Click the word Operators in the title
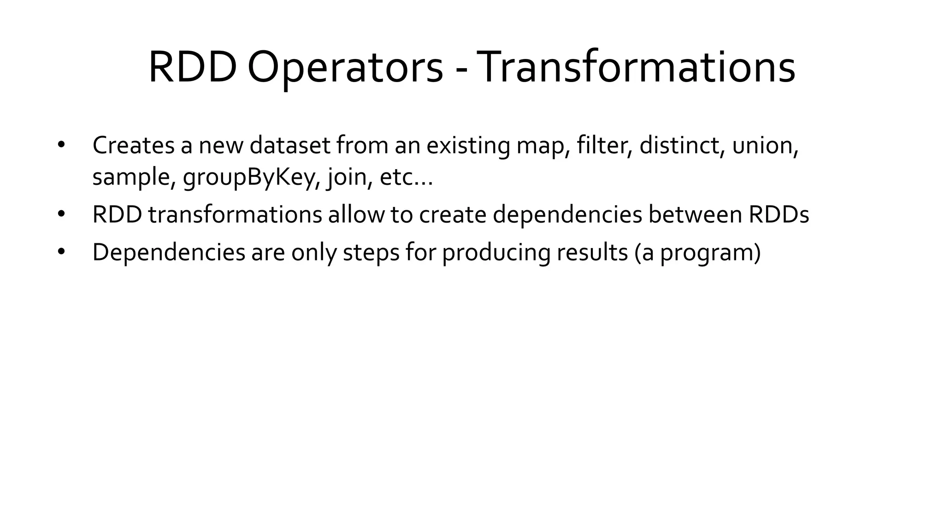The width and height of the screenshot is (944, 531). pos(345,68)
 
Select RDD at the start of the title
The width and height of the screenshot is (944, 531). pos(192,68)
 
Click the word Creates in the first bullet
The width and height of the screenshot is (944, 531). pos(133,145)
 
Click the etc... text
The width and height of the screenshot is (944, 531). pos(406,177)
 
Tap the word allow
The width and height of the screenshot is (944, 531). pos(356,215)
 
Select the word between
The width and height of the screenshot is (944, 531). pos(695,215)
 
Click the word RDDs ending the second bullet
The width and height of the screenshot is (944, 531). pos(779,215)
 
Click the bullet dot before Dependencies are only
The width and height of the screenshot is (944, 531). pos(61,252)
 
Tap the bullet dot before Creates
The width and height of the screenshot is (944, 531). pos(61,145)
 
